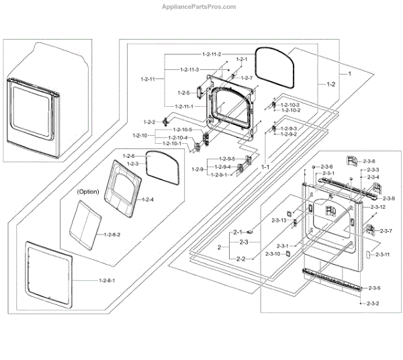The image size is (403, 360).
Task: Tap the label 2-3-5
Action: point(374,288)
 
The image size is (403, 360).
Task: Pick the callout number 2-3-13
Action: point(279,220)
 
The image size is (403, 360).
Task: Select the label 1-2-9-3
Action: point(289,128)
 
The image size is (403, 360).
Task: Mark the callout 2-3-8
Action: point(370,161)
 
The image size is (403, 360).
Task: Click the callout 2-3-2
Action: point(373,304)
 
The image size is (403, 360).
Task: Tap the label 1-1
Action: point(265,166)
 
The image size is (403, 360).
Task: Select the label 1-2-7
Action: point(246,78)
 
